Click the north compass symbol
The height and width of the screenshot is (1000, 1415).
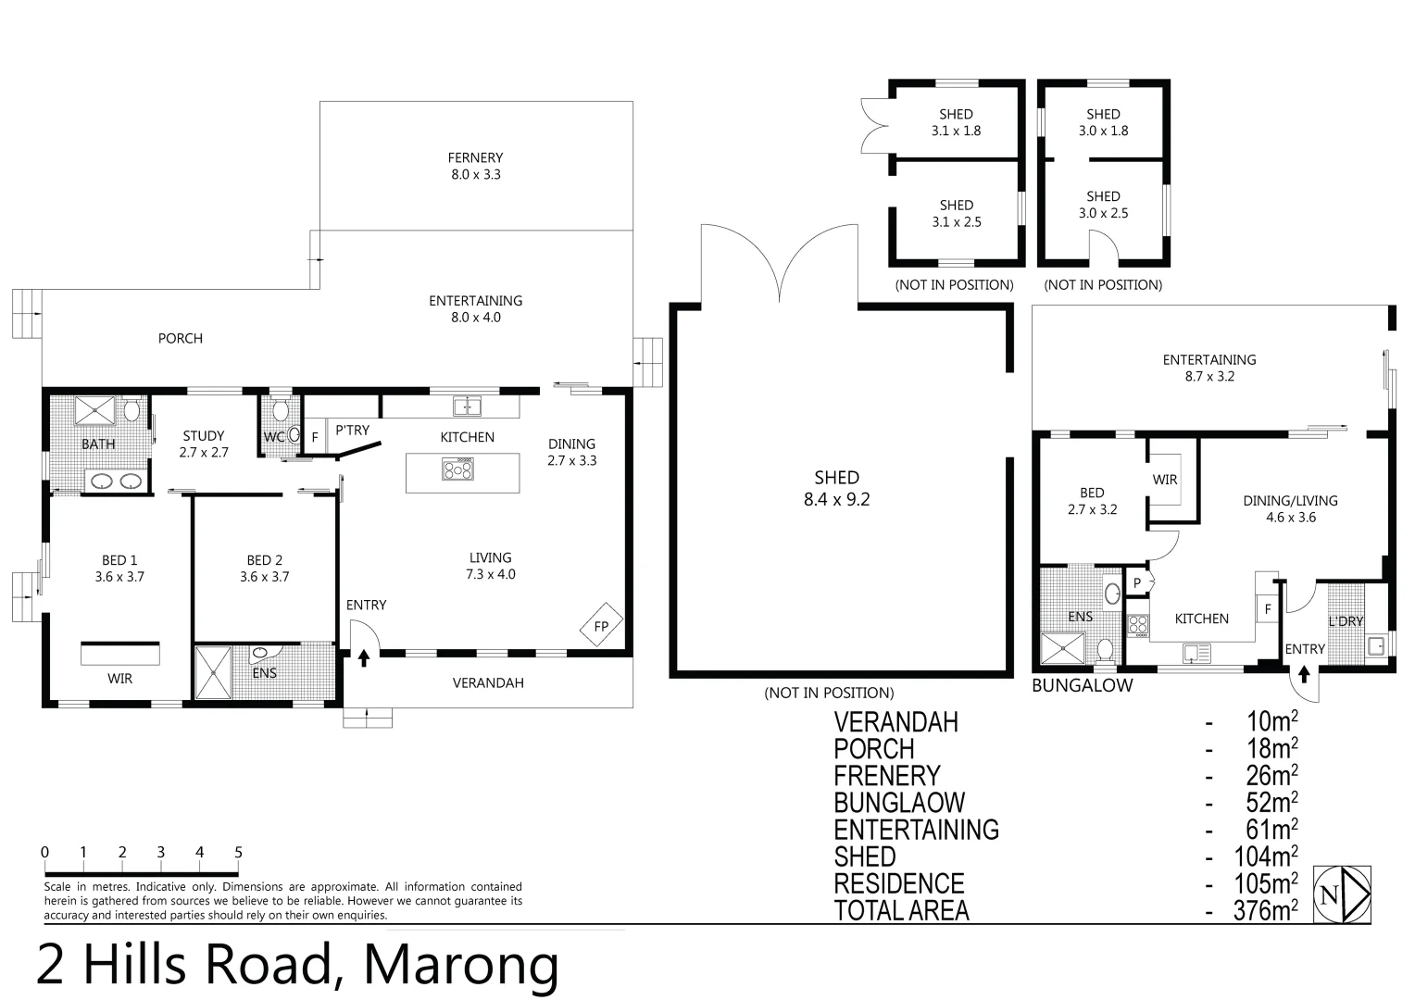[x=1343, y=894]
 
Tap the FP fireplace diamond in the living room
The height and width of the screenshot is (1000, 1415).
[x=601, y=625]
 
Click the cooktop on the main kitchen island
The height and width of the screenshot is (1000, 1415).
[x=458, y=469]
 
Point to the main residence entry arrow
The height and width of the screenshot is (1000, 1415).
[x=364, y=658]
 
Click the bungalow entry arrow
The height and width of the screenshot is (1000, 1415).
[x=1304, y=674]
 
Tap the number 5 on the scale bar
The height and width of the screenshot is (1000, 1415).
[x=238, y=852]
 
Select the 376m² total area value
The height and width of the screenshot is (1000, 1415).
[x=1265, y=910]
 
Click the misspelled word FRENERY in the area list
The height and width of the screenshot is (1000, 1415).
[x=887, y=776]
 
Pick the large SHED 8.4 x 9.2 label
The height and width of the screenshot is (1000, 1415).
[x=836, y=488]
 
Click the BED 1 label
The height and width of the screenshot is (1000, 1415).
[x=119, y=560]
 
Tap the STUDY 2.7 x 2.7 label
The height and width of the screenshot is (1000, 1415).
[x=204, y=444]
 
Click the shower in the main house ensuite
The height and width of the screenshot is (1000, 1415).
[x=214, y=672]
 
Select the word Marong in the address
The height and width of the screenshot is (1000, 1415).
[x=461, y=965]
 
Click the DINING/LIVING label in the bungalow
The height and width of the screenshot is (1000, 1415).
[x=1291, y=500]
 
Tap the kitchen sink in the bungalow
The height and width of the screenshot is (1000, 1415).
[x=1196, y=653]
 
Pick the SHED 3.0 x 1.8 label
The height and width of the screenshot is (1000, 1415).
[x=1103, y=122]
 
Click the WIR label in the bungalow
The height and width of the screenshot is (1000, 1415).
[x=1165, y=480]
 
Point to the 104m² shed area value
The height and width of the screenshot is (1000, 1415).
[x=1265, y=856]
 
